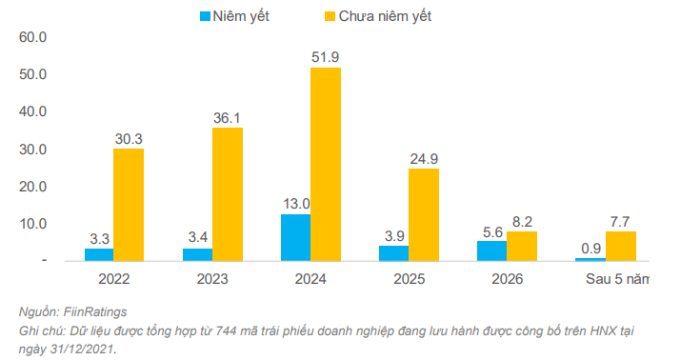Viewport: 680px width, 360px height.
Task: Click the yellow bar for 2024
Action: point(325,164)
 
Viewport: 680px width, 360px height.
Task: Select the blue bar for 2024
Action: point(295,237)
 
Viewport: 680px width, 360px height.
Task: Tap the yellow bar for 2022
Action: point(129,204)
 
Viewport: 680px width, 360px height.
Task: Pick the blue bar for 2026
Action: point(491,250)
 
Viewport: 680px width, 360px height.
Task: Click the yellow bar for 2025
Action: point(423,214)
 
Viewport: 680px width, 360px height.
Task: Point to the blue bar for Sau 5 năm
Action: point(590,259)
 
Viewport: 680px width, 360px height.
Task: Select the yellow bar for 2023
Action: point(227,193)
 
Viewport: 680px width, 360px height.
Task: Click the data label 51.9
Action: point(325,57)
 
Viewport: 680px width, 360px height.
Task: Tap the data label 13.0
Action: point(295,203)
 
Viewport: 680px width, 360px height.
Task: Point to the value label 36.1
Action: point(227,116)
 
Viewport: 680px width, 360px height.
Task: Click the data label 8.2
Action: point(521,220)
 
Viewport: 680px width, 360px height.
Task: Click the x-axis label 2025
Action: point(410,281)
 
